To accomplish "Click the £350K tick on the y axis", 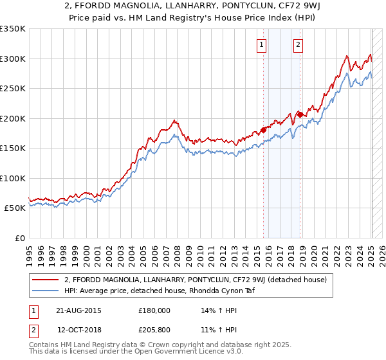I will pyautogui.click(x=13, y=29).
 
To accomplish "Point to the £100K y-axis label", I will pyautogui.click(x=13, y=178).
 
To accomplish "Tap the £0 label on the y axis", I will pyautogui.click(x=19, y=238).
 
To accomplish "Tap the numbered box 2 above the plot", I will pyautogui.click(x=299, y=45).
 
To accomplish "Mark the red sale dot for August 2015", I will pyautogui.click(x=263, y=130).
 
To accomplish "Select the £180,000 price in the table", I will pyautogui.click(x=154, y=310).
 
